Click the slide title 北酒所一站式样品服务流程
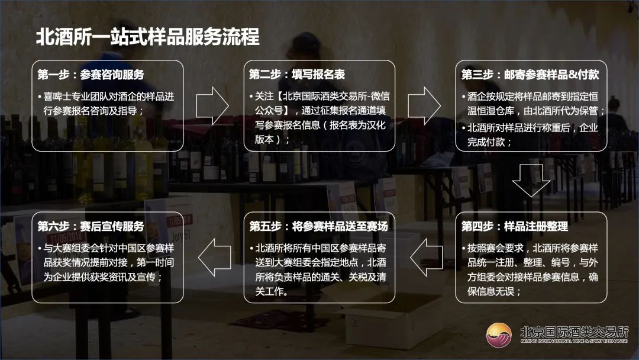(x=148, y=37)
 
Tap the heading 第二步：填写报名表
(x=296, y=75)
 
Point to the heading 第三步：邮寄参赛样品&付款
(x=530, y=75)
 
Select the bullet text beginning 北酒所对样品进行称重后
(x=531, y=134)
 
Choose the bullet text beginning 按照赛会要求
(x=531, y=269)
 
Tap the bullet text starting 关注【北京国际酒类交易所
(x=320, y=117)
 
